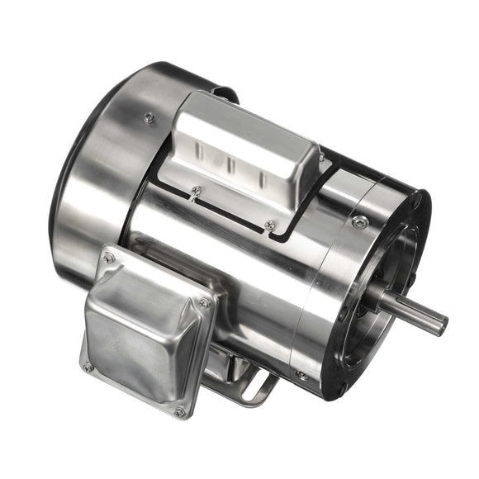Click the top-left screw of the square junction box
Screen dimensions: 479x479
[108, 258]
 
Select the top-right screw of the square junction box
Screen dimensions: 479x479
[204, 303]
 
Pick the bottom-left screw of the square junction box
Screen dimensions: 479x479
[88, 366]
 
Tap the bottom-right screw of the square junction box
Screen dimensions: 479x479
[179, 410]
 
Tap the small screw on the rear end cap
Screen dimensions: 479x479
[149, 117]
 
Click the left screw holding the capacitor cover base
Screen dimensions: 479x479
[196, 192]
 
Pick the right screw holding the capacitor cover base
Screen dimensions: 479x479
[270, 225]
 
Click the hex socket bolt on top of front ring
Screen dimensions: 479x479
[360, 221]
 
